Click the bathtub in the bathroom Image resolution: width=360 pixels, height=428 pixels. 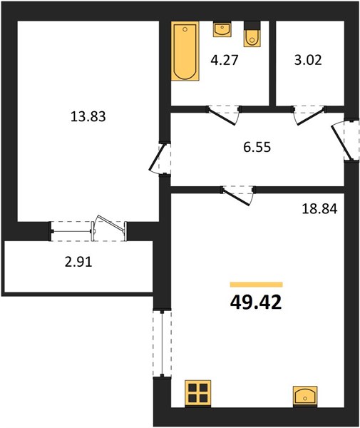point(185,51)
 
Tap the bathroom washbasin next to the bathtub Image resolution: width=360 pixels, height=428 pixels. point(222,30)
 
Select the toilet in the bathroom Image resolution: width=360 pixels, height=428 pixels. point(252,34)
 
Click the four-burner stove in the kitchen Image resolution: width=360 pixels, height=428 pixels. point(197,393)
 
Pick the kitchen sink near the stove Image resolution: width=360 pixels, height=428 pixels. point(305,397)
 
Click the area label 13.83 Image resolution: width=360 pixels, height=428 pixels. point(88,116)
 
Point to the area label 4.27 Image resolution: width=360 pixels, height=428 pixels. point(225,60)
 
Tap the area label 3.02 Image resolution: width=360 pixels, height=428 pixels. point(308,60)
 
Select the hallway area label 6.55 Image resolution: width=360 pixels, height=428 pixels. point(257,148)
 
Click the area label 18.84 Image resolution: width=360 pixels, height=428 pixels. point(319,209)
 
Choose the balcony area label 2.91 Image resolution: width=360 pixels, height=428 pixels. point(78,263)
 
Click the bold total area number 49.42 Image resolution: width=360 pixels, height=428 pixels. point(256,302)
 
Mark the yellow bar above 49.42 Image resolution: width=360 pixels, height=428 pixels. point(257,285)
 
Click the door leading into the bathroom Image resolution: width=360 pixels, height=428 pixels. point(224,116)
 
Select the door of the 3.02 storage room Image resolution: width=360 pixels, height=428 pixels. point(309,116)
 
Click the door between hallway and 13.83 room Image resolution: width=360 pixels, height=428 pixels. point(159,158)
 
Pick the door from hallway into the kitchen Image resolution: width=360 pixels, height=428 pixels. point(238,195)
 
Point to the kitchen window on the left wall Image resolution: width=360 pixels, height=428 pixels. point(163,343)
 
